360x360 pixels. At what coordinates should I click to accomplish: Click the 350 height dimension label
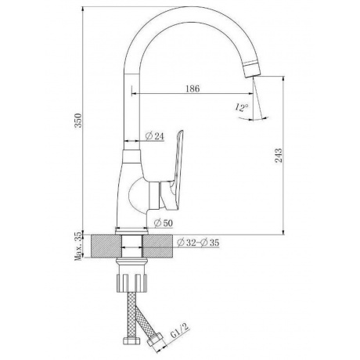tap(78, 121)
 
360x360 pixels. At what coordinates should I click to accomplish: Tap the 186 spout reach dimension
tap(193, 88)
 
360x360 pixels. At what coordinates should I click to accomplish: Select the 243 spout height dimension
tap(279, 156)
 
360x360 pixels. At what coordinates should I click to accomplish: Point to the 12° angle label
tap(242, 107)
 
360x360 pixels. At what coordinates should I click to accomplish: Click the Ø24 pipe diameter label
tap(155, 136)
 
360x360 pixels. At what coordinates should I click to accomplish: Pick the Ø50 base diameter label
tap(164, 223)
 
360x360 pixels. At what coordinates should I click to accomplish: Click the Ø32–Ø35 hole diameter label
tap(198, 243)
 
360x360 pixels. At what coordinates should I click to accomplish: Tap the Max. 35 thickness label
tap(78, 247)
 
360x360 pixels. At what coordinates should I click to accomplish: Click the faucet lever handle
tap(178, 167)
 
